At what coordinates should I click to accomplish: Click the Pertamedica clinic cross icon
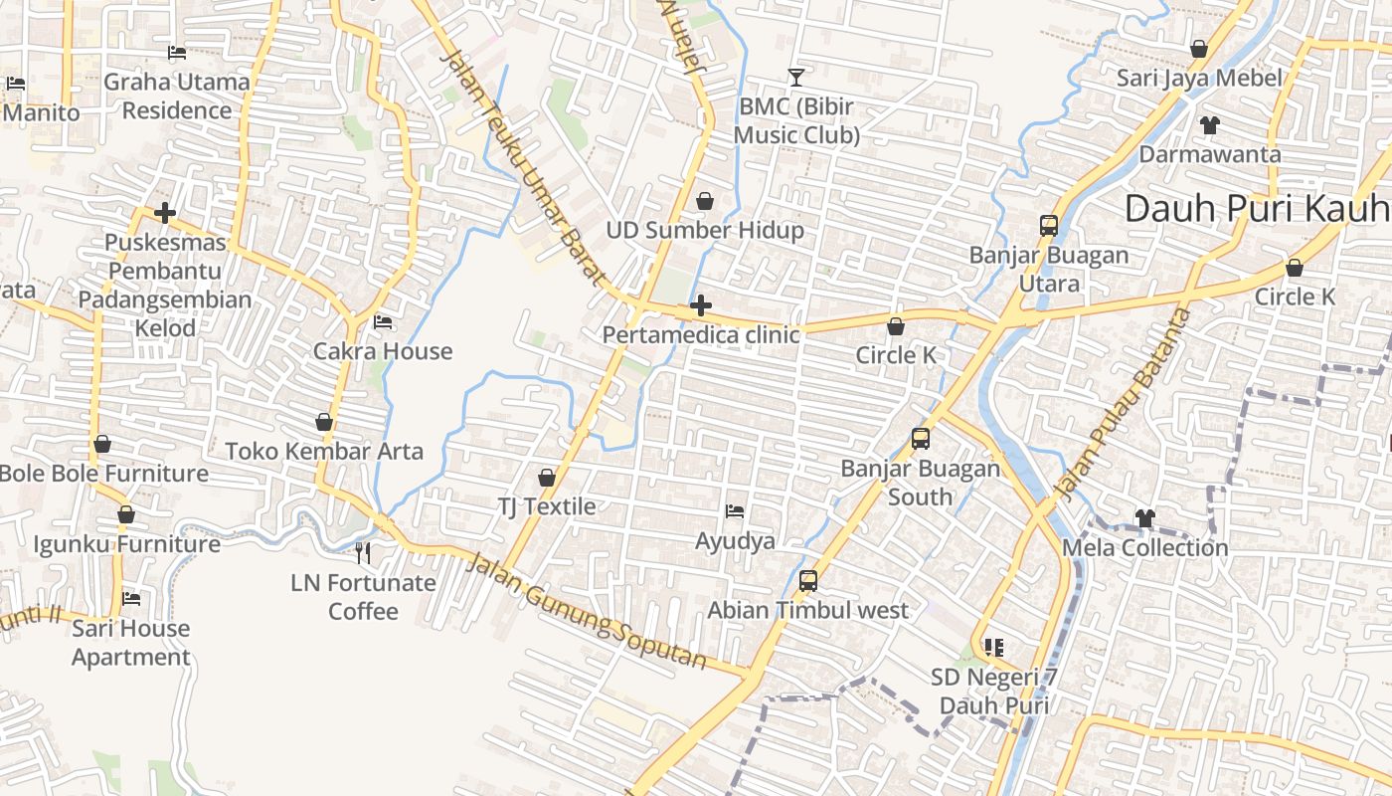701,304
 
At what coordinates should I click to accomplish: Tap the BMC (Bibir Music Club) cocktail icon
795,77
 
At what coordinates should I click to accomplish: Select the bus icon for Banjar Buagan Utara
1049,226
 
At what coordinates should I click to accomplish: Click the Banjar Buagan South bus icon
921,439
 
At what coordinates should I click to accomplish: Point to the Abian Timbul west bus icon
808,581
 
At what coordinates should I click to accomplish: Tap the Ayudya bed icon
735,511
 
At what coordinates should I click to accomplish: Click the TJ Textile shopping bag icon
546,478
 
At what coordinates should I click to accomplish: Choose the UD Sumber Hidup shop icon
705,201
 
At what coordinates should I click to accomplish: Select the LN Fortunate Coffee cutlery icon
363,553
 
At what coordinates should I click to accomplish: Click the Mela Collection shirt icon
1145,518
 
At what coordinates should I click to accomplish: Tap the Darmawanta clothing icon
1209,125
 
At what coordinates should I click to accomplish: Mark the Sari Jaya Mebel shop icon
1199,49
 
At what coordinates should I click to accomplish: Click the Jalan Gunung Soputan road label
588,611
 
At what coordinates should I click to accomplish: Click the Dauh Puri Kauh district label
1257,209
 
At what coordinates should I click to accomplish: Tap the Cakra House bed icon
383,322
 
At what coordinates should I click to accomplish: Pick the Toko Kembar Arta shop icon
324,422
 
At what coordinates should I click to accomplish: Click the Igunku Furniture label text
126,544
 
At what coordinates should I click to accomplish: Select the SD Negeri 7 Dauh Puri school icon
993,648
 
